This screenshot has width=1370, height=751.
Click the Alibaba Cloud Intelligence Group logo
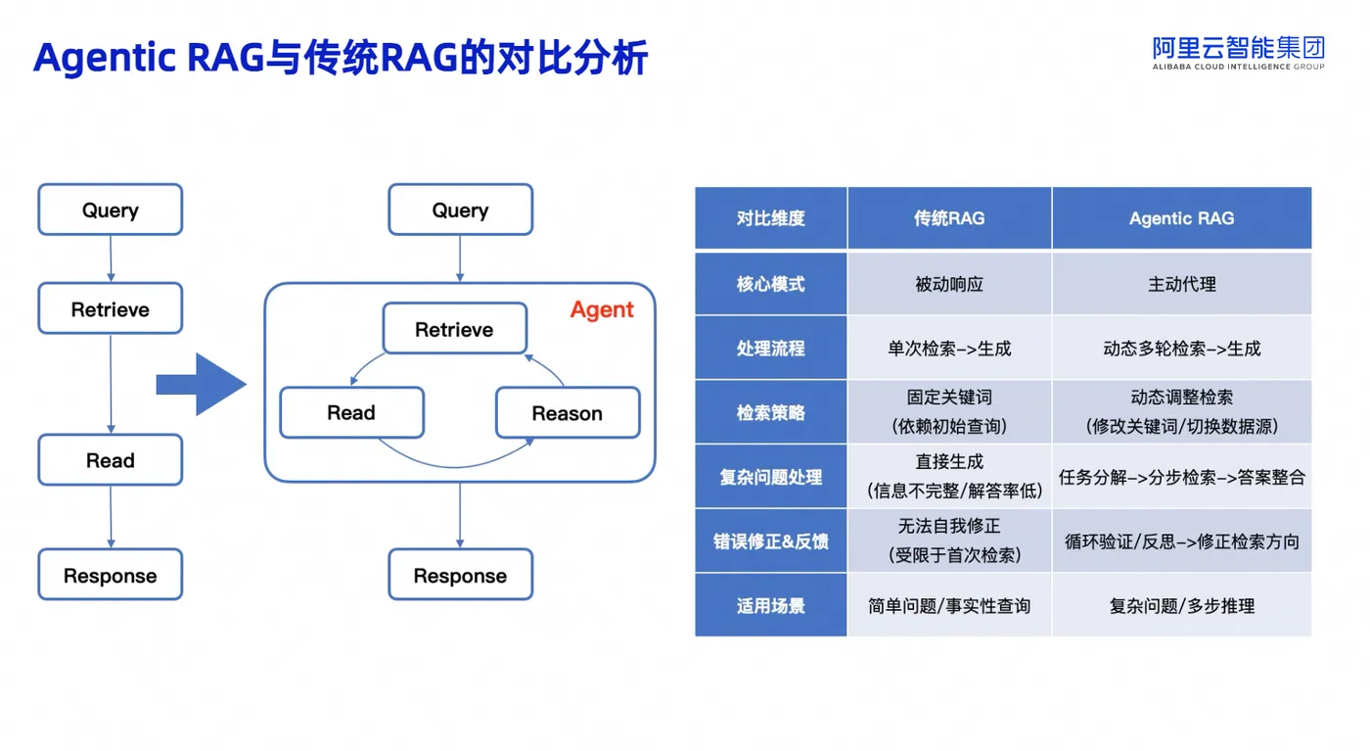pyautogui.click(x=1239, y=53)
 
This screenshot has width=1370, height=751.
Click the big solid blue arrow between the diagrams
pyautogui.click(x=202, y=385)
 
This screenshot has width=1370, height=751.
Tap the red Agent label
pyautogui.click(x=602, y=309)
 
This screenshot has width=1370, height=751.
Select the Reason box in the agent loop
pyautogui.click(x=568, y=412)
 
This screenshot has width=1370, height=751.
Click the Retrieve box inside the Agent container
pyautogui.click(x=454, y=329)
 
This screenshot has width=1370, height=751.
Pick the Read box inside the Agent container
pyautogui.click(x=351, y=412)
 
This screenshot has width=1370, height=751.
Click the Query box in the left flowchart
pyautogui.click(x=110, y=210)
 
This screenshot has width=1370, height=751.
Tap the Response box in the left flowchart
pyautogui.click(x=110, y=574)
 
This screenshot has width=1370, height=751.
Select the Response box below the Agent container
pyautogui.click(x=461, y=574)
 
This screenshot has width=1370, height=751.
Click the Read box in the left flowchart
pyautogui.click(x=110, y=459)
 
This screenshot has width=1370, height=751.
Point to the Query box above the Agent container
pyautogui.click(x=461, y=210)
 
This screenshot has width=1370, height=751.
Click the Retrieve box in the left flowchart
pyautogui.click(x=110, y=308)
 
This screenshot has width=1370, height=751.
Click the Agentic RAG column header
pyautogui.click(x=1182, y=218)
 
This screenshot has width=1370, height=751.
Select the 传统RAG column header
pyautogui.click(x=949, y=218)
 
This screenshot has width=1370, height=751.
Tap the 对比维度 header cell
pyautogui.click(x=771, y=218)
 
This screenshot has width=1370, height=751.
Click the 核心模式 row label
pyautogui.click(x=771, y=284)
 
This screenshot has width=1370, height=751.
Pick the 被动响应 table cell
pyautogui.click(x=949, y=284)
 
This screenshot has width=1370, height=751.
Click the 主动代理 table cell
pyautogui.click(x=1182, y=284)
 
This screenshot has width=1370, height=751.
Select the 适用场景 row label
pyautogui.click(x=771, y=605)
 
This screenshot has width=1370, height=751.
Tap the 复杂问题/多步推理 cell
pyautogui.click(x=1182, y=605)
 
